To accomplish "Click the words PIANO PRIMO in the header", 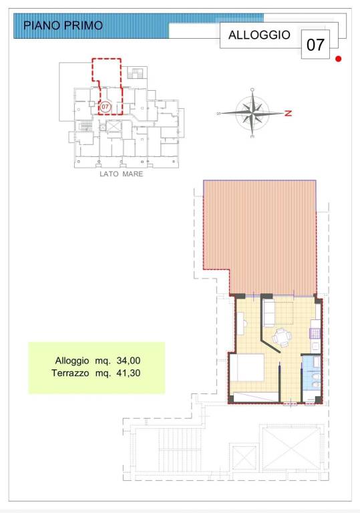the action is [63, 25].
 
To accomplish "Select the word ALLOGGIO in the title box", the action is [259, 35].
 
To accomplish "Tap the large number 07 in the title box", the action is [315, 45].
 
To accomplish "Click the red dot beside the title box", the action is [339, 59].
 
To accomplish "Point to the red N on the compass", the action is [288, 113].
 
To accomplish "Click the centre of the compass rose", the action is [252, 113].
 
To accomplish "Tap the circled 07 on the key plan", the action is [105, 107].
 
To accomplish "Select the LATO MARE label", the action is [122, 174].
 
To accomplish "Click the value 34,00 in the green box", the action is [128, 361].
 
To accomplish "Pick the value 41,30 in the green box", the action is [128, 373].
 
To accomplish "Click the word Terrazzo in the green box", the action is [70, 373].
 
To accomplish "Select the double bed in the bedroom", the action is [246, 367].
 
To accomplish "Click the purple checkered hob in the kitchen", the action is [315, 334].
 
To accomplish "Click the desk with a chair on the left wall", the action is [241, 323].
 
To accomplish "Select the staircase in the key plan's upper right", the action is [137, 73].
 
